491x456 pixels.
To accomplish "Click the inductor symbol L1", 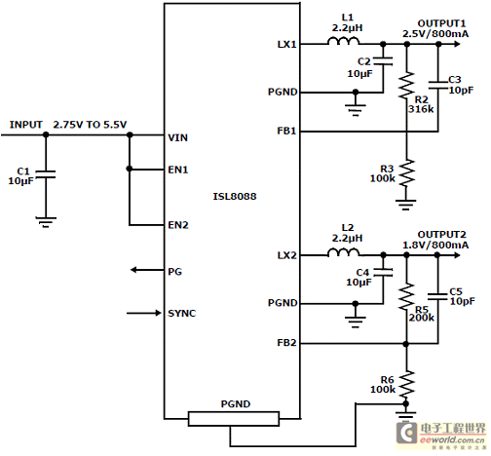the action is tap(343, 41).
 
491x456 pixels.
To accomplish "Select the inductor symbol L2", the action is tap(343, 252).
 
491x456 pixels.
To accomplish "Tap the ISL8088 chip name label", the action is tap(235, 196).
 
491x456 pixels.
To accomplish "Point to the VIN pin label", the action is tap(177, 137).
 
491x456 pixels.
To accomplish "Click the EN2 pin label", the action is tap(178, 225).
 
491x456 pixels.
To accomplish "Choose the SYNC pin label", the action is tap(181, 313).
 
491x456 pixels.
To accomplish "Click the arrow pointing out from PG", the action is tap(147, 270).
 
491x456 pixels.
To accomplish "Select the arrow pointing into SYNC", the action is tap(144, 313).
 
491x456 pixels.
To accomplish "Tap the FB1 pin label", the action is tap(286, 131).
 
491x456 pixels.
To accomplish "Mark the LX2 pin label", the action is tap(286, 255).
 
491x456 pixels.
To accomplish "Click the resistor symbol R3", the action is tap(406, 172).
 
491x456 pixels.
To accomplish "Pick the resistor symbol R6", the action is tap(406, 384).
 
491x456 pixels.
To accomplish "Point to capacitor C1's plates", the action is tap(46, 174).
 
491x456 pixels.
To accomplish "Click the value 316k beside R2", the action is tap(421, 109).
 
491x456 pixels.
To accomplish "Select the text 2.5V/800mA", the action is tap(435, 34).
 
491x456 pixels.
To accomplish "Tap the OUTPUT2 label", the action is tap(441, 234).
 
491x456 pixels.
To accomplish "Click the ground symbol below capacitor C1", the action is tap(46, 222).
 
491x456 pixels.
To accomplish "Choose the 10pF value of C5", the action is tap(462, 301).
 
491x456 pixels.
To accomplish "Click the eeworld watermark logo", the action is tap(440, 435).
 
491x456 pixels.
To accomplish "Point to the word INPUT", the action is tap(26, 125).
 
